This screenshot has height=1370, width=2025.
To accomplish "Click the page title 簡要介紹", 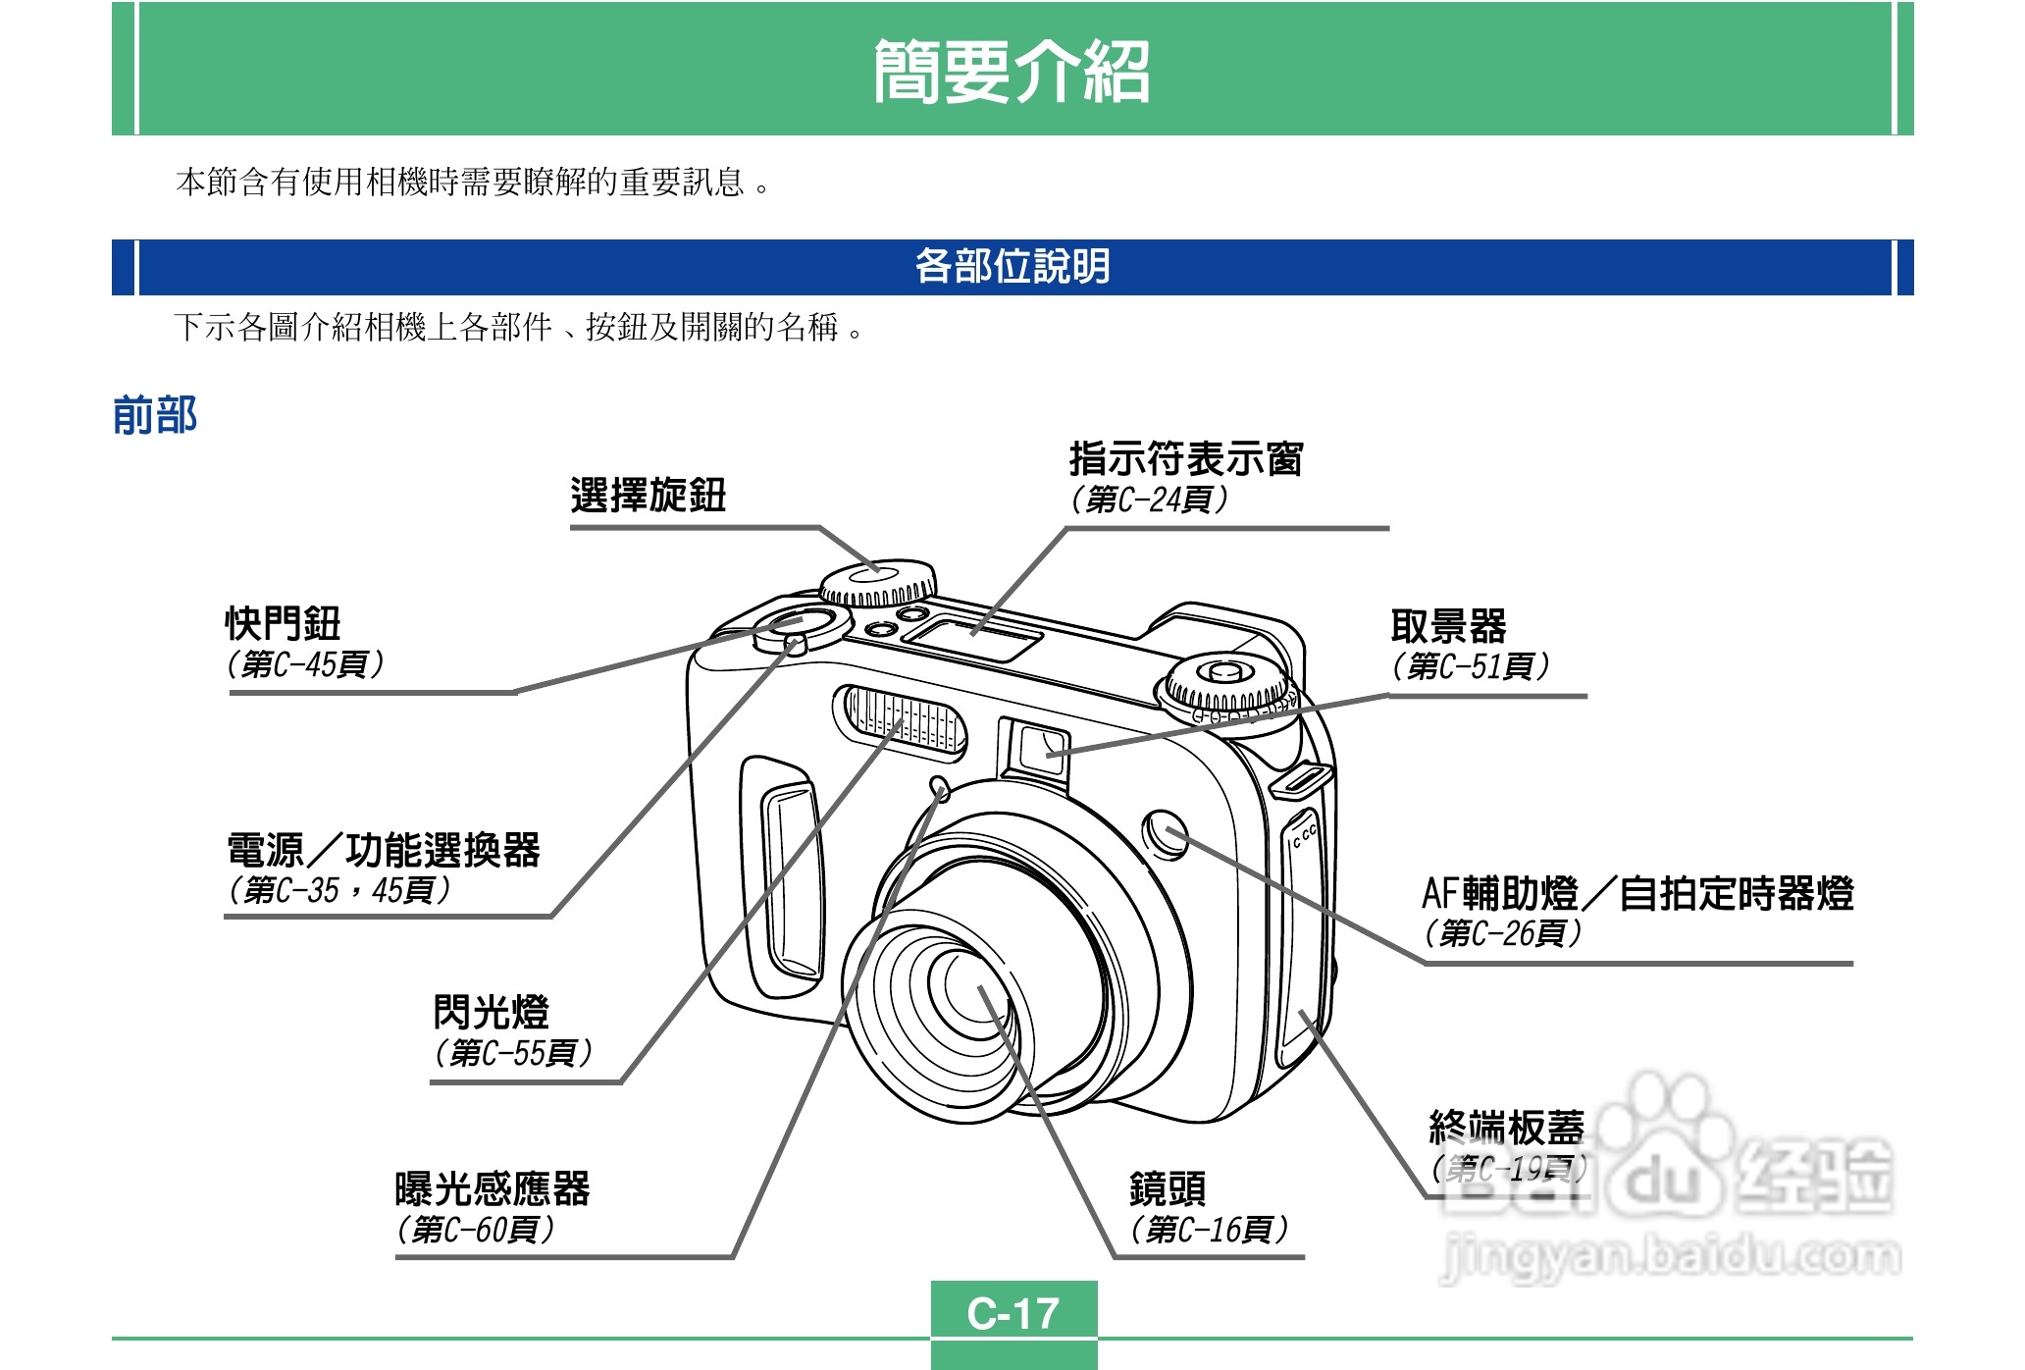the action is click(1012, 71).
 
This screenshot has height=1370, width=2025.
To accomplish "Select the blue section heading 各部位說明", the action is click(1012, 266).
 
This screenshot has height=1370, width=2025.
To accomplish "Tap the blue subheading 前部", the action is click(155, 415).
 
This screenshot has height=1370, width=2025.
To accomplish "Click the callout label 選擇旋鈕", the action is click(649, 495).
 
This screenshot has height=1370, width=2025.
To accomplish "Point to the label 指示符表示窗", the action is click(1186, 458).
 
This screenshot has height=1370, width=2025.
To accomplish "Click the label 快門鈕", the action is click(284, 623).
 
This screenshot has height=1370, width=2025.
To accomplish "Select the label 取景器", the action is click(1449, 625).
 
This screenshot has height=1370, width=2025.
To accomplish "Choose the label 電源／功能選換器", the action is click(384, 850).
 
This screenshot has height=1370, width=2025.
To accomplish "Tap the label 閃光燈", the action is click(491, 1012).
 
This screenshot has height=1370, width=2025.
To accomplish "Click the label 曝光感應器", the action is click(493, 1188).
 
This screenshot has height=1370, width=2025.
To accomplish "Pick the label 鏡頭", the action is click(1168, 1188).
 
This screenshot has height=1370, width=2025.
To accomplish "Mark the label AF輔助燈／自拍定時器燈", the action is click(1637, 893).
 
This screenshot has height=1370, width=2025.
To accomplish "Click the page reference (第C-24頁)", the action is click(1149, 500).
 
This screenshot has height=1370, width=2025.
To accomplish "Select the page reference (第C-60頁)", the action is click(476, 1229).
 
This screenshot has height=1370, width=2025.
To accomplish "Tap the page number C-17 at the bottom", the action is click(1013, 1313).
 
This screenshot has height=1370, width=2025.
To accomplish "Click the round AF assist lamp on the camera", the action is click(1166, 835).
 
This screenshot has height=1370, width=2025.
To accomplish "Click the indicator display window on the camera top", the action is click(972, 639).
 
